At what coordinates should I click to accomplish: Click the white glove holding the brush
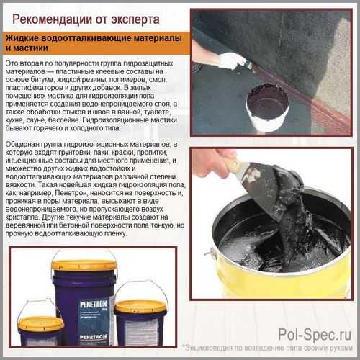coord(229,60)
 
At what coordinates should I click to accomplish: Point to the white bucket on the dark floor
coord(268,107)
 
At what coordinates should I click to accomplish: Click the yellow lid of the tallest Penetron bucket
coord(84,265)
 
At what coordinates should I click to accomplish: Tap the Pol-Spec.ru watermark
coord(315,334)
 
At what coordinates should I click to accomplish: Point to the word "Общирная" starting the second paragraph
coord(22,145)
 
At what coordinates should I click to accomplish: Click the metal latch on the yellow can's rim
coord(210,253)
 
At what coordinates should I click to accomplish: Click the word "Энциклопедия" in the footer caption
coord(208,348)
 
